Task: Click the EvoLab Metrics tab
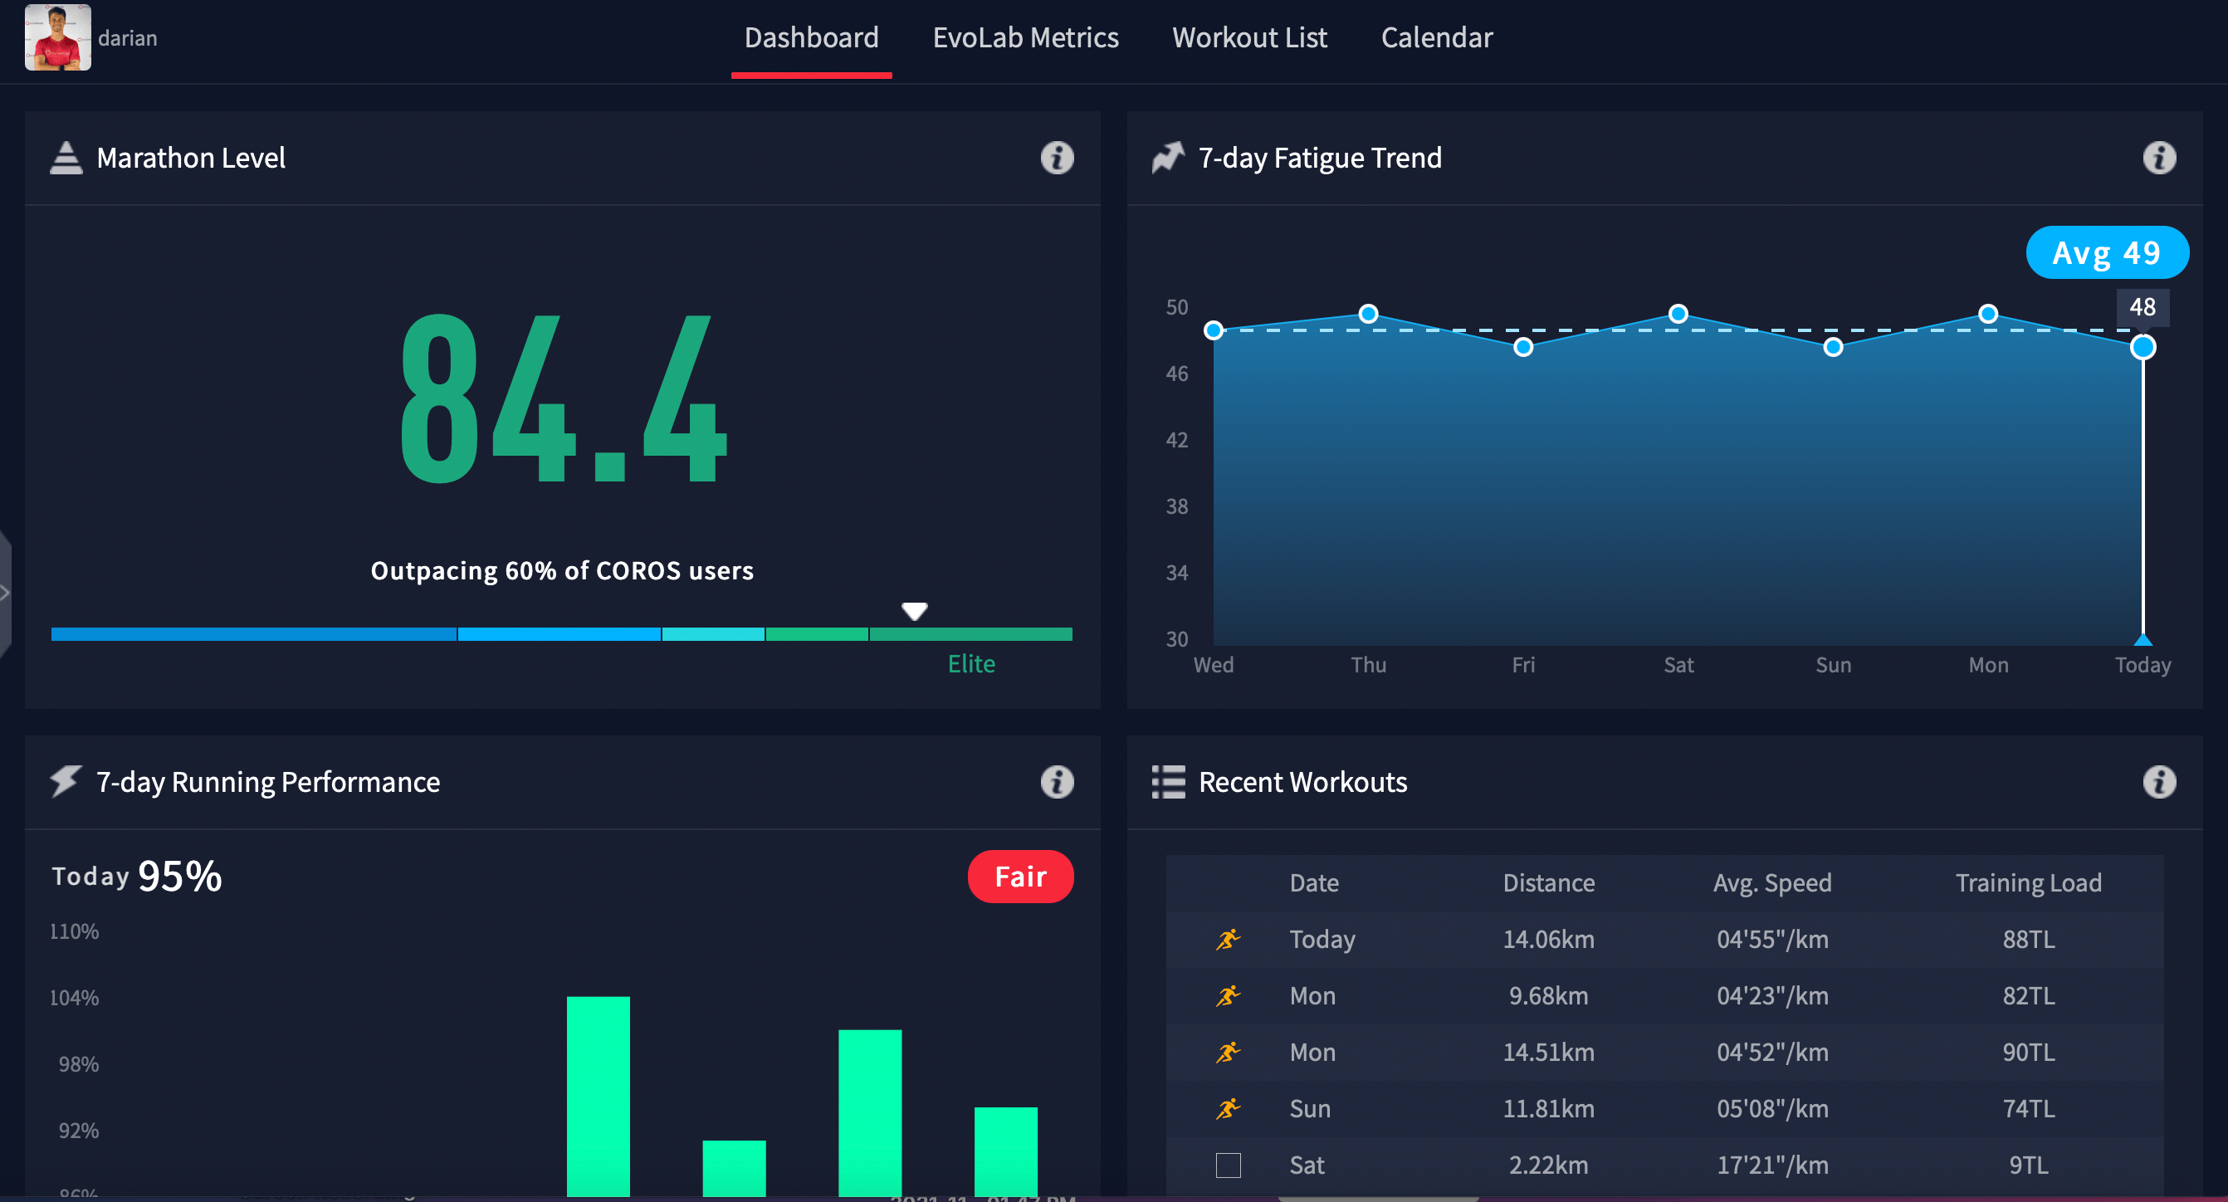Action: pyautogui.click(x=1025, y=38)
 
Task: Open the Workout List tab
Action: pyautogui.click(x=1249, y=38)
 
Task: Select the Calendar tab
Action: pyautogui.click(x=1437, y=38)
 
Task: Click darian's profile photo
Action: pyautogui.click(x=57, y=37)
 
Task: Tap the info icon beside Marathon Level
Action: pyautogui.click(x=1056, y=159)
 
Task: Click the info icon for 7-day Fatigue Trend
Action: pyautogui.click(x=2158, y=159)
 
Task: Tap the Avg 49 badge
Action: pyautogui.click(x=2106, y=252)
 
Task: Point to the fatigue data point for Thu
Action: pyautogui.click(x=1368, y=314)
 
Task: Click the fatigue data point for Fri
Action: pyautogui.click(x=1523, y=348)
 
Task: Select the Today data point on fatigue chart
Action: pyautogui.click(x=2142, y=348)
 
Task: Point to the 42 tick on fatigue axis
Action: pyautogui.click(x=1176, y=440)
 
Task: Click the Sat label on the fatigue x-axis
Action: pyautogui.click(x=1678, y=665)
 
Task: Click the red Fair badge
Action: pyautogui.click(x=1019, y=877)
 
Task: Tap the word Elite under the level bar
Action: pyautogui.click(x=970, y=664)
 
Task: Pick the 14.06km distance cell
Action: pyautogui.click(x=1548, y=939)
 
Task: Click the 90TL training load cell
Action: pyautogui.click(x=2027, y=1053)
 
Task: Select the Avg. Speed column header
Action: pyautogui.click(x=1771, y=883)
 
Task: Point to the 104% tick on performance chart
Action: pyautogui.click(x=75, y=998)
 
